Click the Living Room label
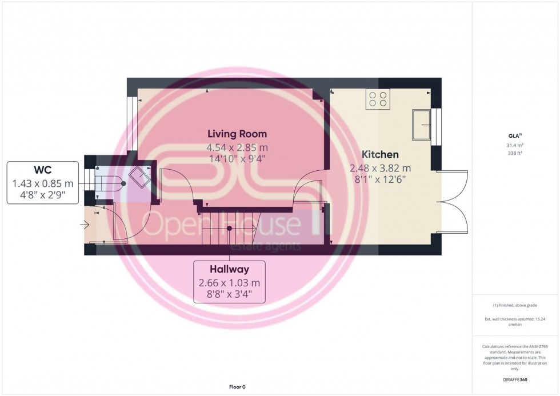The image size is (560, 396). click(x=237, y=134)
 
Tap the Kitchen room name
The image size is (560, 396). click(x=380, y=155)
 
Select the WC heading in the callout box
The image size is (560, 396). click(x=42, y=171)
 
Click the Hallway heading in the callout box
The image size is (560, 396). click(x=229, y=268)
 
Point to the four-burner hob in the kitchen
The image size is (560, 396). click(x=378, y=99)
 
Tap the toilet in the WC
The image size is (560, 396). click(x=109, y=184)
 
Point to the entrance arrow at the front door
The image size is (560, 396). click(x=85, y=225)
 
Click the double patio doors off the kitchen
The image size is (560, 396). click(x=453, y=201)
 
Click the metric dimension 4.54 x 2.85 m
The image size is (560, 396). click(x=237, y=147)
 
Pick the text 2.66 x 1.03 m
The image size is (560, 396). click(x=229, y=283)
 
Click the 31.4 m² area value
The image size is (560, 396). click(x=515, y=146)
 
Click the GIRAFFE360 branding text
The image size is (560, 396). click(x=515, y=379)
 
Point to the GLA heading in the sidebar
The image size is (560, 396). click(x=515, y=136)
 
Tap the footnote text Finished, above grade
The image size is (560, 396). click(x=515, y=305)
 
